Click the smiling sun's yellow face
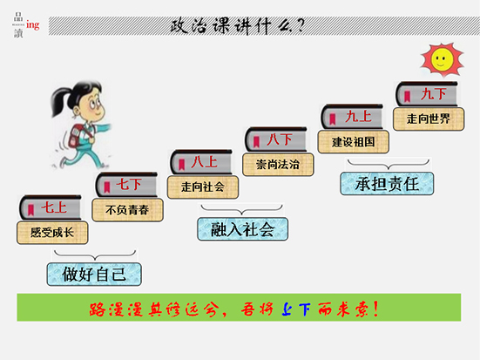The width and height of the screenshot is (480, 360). click(x=441, y=59)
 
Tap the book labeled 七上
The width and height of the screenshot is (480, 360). click(x=51, y=207)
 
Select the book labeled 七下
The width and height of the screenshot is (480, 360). click(x=126, y=185)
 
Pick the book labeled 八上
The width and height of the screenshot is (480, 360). click(x=201, y=162)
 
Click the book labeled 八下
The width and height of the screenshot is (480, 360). click(x=276, y=139)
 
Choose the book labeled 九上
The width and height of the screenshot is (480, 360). click(x=352, y=117)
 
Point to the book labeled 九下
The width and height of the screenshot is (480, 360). click(x=427, y=94)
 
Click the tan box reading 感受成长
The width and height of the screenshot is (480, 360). click(x=52, y=233)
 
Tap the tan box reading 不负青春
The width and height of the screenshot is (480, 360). click(x=128, y=210)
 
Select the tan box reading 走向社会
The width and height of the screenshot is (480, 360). click(x=203, y=187)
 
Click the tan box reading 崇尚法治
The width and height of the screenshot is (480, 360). click(x=278, y=165)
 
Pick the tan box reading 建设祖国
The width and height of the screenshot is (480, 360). click(x=354, y=142)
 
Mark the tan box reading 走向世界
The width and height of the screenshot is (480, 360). click(x=429, y=119)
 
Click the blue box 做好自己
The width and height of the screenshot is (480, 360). click(x=94, y=275)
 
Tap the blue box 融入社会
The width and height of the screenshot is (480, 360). click(x=243, y=229)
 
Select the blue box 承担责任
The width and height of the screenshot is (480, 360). click(x=387, y=184)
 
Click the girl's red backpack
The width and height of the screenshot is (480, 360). click(x=76, y=136)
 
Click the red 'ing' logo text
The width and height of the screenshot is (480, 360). click(x=33, y=25)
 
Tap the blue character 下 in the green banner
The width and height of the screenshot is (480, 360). click(x=304, y=309)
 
